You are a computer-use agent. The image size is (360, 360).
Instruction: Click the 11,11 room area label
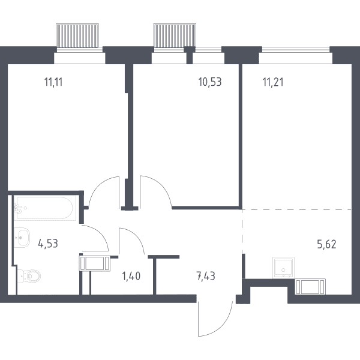pyautogui.click(x=53, y=82)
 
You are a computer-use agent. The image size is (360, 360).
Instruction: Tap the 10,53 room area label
pyautogui.click(x=210, y=82)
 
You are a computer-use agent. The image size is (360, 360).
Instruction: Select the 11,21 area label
pyautogui.click(x=273, y=82)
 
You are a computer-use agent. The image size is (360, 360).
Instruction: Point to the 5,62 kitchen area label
pyautogui.click(x=327, y=244)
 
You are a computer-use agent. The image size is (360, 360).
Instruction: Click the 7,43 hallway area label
pyautogui.click(x=206, y=276)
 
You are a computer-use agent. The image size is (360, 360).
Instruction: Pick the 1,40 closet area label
pyautogui.click(x=131, y=276)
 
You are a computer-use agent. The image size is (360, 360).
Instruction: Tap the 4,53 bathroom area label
pyautogui.click(x=48, y=244)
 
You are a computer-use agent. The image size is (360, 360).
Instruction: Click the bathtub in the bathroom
pyautogui.click(x=45, y=208)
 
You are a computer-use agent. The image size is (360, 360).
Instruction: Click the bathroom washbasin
pyautogui.click(x=22, y=238)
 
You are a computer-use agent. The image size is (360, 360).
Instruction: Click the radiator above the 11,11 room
pyautogui.click(x=77, y=35)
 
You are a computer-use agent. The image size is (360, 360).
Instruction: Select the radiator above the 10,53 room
pyautogui.click(x=175, y=35)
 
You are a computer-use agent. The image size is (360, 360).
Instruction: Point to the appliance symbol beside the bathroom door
pyautogui.click(x=95, y=263)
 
